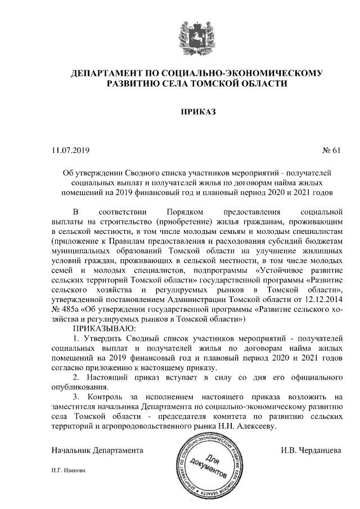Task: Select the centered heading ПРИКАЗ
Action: pos(197,112)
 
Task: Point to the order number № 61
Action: pos(331,151)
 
